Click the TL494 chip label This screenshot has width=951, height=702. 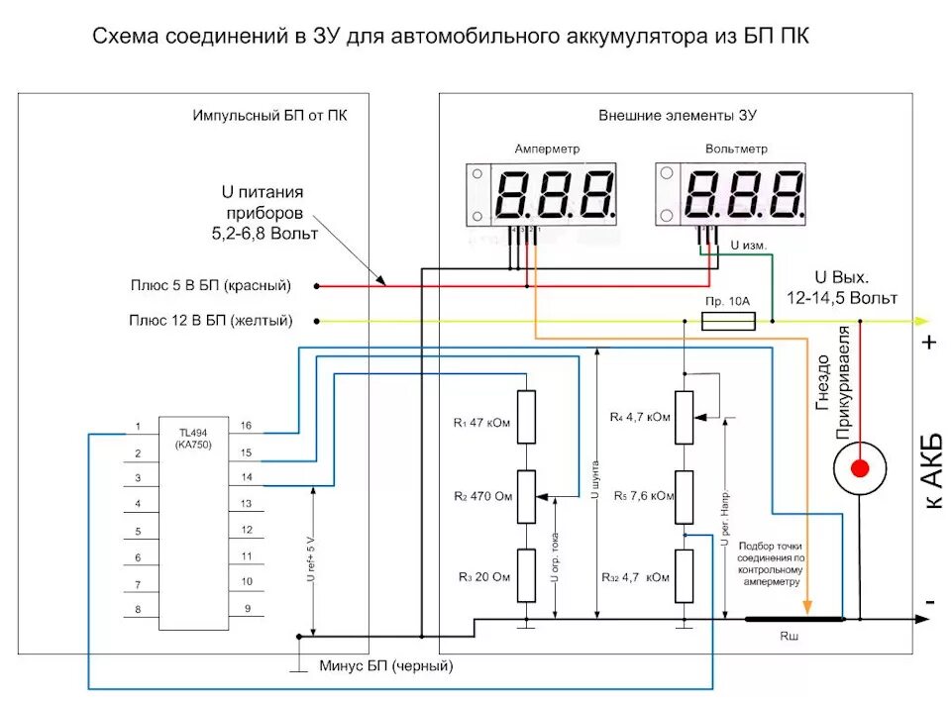click(x=194, y=439)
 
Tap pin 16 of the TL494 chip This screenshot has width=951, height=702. click(x=246, y=426)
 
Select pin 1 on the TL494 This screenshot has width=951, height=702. click(x=138, y=427)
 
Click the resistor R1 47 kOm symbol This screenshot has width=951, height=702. click(x=526, y=417)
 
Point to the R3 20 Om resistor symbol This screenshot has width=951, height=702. click(x=526, y=575)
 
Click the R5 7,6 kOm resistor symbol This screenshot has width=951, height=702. click(x=684, y=497)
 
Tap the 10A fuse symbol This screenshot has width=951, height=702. click(x=727, y=321)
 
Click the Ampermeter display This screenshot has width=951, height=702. click(x=545, y=195)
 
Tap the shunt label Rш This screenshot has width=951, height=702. click(x=790, y=637)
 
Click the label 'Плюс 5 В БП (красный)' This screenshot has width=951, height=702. click(x=210, y=285)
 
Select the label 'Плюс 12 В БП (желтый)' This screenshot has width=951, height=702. click(x=210, y=320)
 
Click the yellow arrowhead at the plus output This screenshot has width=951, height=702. click(x=922, y=321)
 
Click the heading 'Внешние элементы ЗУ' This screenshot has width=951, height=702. click(x=677, y=115)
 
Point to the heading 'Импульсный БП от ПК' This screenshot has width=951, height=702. click(x=269, y=115)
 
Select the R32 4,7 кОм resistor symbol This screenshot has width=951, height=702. click(x=684, y=575)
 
